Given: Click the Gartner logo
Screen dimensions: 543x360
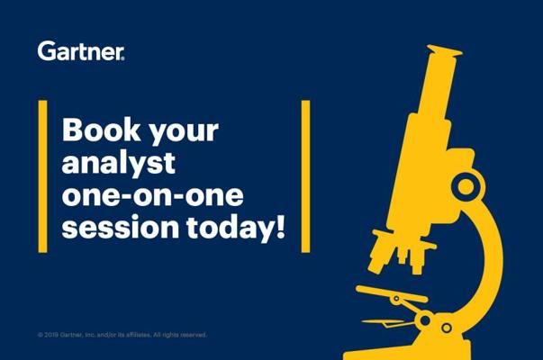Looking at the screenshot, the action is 81,51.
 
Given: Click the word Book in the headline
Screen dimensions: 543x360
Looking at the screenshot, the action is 101,130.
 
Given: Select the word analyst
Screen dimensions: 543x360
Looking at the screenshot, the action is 119,164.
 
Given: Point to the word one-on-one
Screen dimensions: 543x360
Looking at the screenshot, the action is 153,196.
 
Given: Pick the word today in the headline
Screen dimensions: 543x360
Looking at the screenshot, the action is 230,229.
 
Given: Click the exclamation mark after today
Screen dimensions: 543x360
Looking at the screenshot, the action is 281,227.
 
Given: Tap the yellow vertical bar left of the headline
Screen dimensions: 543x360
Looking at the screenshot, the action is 42,176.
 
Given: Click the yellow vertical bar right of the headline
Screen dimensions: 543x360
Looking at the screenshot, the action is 305,176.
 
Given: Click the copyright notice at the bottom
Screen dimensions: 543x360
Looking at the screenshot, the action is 122,335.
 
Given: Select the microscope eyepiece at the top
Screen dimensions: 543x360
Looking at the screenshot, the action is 445,51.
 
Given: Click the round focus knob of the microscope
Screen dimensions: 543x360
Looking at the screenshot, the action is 466,187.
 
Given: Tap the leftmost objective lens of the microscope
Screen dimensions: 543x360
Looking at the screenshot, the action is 381,252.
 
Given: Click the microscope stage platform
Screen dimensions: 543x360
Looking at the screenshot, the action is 392,294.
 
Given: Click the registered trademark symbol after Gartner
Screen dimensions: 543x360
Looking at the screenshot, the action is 122,58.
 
